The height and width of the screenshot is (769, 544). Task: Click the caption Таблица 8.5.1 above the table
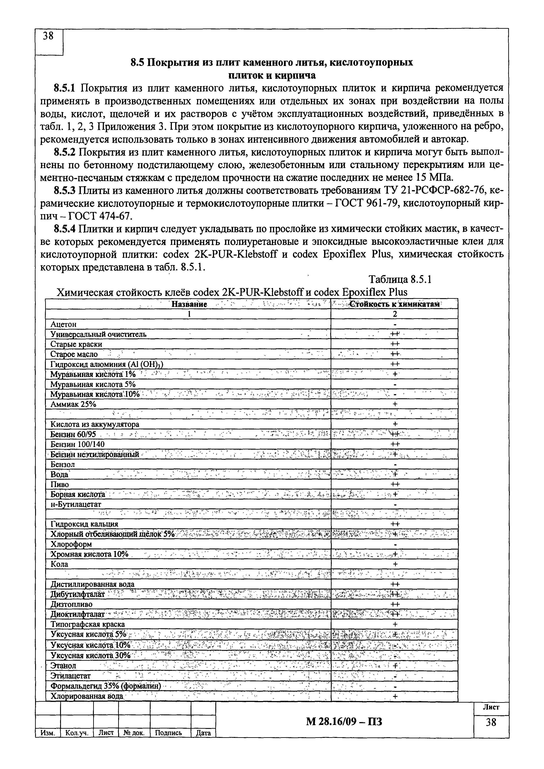[400, 279]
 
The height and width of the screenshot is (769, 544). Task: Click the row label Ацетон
[64, 324]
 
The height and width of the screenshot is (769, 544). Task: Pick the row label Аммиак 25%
[73, 404]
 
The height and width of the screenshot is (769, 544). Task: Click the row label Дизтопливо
[71, 604]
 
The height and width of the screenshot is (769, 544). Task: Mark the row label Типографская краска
[87, 624]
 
